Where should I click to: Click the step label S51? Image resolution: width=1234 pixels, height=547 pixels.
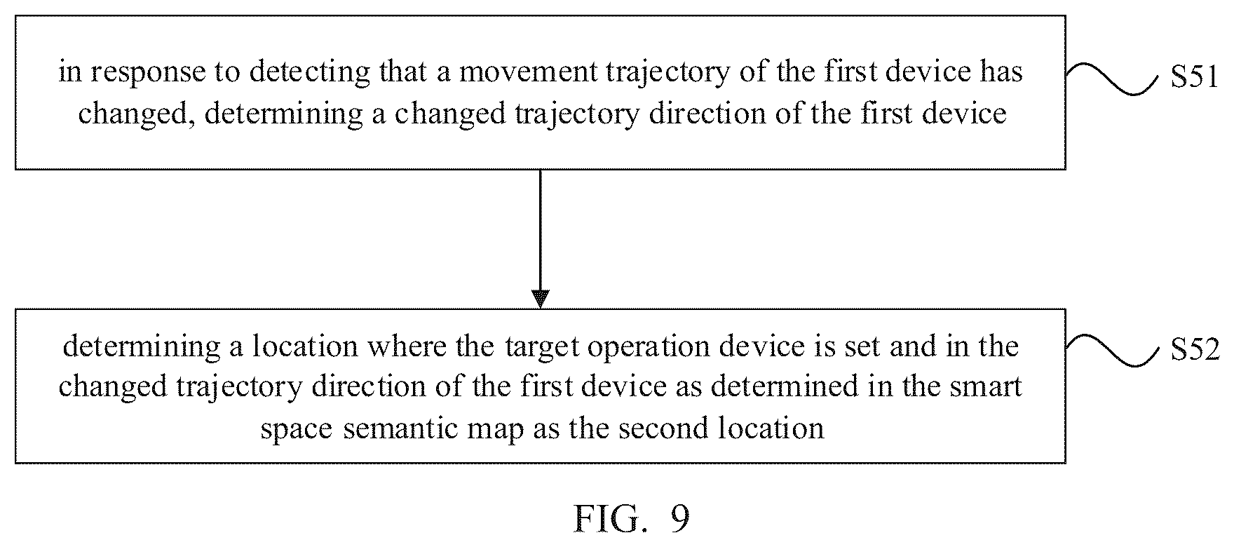[x=1195, y=79]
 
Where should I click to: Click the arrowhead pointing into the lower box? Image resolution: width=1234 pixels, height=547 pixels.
[x=540, y=299]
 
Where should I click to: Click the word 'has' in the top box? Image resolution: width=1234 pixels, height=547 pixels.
[x=1002, y=72]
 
